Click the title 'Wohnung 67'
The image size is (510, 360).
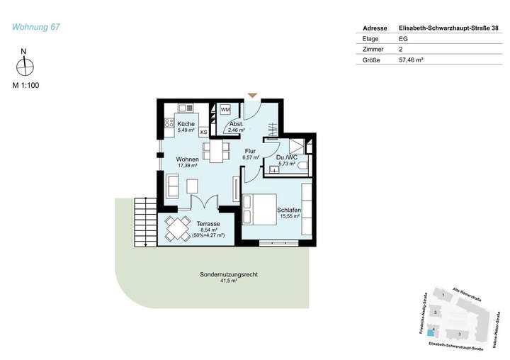[x=36, y=28]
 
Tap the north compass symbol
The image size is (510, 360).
[x=25, y=66]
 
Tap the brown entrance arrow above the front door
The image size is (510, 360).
[x=252, y=95]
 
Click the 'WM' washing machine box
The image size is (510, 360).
[x=225, y=110]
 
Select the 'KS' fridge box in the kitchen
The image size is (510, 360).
[x=204, y=132]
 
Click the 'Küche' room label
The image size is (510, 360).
[x=186, y=124]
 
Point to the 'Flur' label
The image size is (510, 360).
[x=250, y=151]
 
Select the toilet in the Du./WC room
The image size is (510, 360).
[x=302, y=166]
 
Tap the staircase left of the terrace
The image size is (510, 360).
[x=144, y=221]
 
